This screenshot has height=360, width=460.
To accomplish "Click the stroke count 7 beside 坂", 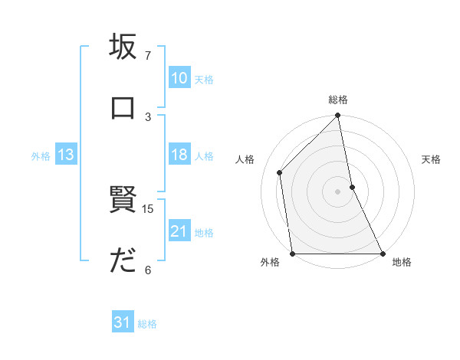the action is click(x=148, y=56).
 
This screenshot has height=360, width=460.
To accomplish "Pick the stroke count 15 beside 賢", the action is click(x=149, y=208).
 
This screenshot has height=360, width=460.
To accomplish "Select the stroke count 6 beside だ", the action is click(x=148, y=269).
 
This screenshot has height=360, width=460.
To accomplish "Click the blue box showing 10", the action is click(x=179, y=78).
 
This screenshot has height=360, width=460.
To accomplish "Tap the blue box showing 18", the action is click(x=179, y=155).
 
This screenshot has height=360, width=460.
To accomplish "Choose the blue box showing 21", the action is click(x=179, y=232).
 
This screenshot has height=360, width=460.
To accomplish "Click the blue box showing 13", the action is click(x=66, y=155).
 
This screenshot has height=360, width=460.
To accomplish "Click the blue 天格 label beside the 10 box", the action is click(x=204, y=79).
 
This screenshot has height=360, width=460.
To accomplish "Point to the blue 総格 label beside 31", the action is click(x=147, y=324).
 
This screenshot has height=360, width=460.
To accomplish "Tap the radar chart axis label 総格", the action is click(x=338, y=100).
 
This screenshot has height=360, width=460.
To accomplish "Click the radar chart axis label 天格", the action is click(x=431, y=159).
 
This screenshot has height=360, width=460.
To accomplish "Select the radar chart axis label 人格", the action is click(x=246, y=159).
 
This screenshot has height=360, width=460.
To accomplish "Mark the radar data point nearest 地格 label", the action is click(x=382, y=254).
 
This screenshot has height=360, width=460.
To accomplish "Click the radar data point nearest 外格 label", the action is click(x=293, y=254).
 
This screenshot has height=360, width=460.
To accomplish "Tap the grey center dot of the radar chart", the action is click(x=338, y=191).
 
